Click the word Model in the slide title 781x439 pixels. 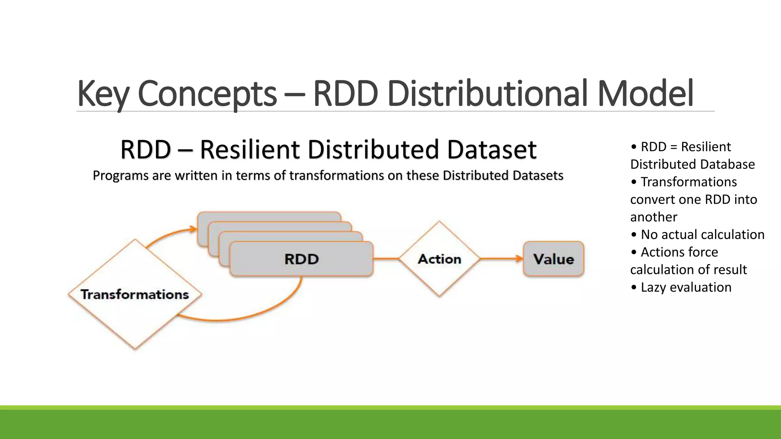tap(645, 93)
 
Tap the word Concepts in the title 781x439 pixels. tap(207, 93)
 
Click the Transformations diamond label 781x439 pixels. tap(135, 295)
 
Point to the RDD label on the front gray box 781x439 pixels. tap(301, 259)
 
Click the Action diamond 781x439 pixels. tap(439, 259)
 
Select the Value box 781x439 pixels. tap(553, 259)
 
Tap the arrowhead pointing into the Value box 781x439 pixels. tap(519, 259)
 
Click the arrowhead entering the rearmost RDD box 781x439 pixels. tap(193, 229)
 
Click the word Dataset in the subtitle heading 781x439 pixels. tap(492, 149)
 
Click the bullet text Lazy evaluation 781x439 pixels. tap(686, 287)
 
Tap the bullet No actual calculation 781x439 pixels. tap(702, 235)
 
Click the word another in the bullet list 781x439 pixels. tap(654, 217)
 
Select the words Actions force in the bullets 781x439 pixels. tap(679, 252)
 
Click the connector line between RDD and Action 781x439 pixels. tap(386, 259)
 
